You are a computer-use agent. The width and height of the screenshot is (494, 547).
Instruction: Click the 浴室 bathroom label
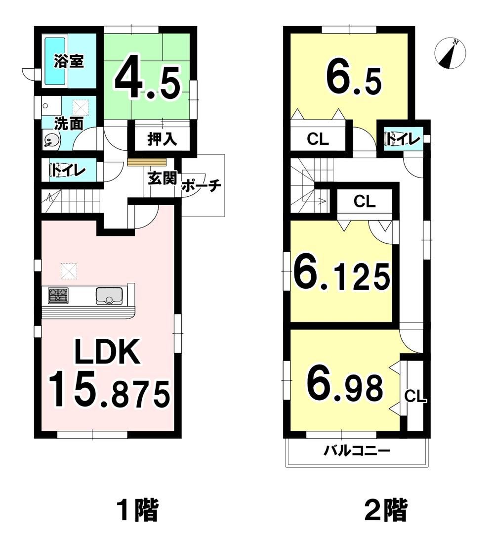click(69, 61)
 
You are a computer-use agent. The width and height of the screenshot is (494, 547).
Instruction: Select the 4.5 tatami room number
click(148, 82)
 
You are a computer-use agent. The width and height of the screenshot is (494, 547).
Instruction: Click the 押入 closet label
click(162, 139)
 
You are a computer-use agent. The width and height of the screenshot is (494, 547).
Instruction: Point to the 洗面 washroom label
click(69, 124)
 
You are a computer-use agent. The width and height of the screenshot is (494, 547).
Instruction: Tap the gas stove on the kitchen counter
click(58, 296)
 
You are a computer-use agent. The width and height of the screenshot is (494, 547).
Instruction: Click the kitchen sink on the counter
click(109, 296)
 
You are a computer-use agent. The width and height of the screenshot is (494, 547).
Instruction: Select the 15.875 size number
click(109, 390)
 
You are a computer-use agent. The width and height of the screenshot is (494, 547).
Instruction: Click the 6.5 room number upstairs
click(354, 79)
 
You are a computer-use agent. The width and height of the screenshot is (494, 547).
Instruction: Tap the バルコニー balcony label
click(357, 451)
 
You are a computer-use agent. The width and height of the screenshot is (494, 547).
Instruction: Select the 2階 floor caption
click(386, 510)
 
